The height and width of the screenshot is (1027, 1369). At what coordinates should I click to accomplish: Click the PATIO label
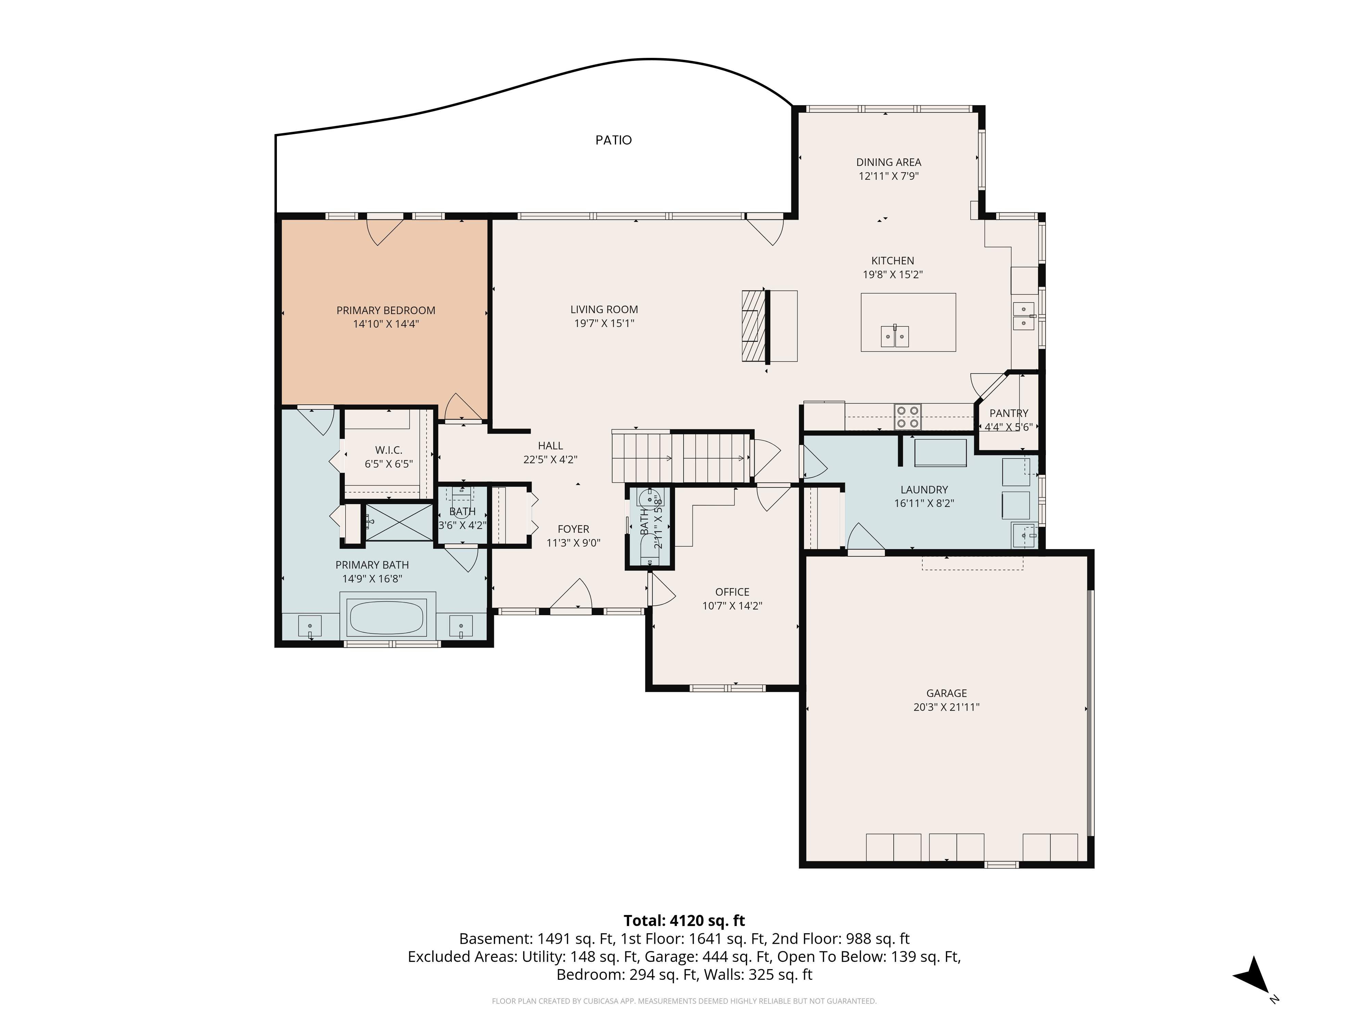(x=613, y=140)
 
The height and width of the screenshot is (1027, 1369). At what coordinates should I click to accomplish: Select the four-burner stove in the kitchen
(x=907, y=417)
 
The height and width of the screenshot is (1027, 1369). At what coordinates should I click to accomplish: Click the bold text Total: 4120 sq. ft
(x=684, y=921)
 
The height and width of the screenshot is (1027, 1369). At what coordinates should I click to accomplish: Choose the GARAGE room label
(x=946, y=693)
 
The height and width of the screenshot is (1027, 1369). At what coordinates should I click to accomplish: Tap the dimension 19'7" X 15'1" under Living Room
(x=604, y=323)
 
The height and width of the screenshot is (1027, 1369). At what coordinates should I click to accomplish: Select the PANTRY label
(x=1009, y=413)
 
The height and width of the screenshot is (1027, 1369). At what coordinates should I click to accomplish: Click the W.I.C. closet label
(x=389, y=450)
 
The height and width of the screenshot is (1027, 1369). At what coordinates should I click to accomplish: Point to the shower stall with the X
(x=399, y=522)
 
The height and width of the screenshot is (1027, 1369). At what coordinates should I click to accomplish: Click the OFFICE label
(x=732, y=592)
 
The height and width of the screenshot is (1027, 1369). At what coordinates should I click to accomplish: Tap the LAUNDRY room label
(x=924, y=490)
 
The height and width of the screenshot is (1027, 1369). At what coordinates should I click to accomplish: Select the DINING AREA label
(x=889, y=162)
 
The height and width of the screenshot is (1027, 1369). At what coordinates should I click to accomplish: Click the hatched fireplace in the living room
(x=751, y=326)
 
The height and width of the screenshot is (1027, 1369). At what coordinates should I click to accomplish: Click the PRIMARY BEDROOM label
(x=386, y=310)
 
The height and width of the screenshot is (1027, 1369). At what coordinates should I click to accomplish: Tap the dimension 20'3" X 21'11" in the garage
(x=946, y=707)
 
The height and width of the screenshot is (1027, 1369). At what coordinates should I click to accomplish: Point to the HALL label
(x=550, y=446)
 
